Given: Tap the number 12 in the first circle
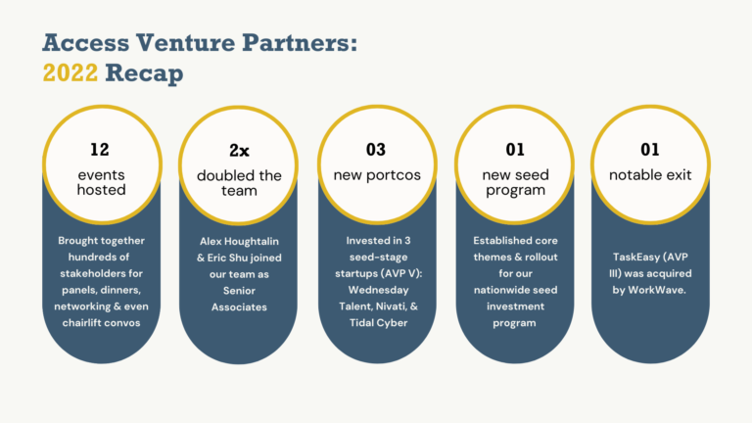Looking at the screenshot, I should tap(101, 150).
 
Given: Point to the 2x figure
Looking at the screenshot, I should tap(239, 150).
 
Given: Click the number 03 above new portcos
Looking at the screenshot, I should tap(377, 150).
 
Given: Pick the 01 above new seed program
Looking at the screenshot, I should tap(514, 150).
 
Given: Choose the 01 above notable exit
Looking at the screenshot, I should tap(649, 150).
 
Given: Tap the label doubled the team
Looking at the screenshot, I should tap(239, 182).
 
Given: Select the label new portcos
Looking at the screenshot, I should tap(377, 175).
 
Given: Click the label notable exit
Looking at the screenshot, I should tap(650, 175).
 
